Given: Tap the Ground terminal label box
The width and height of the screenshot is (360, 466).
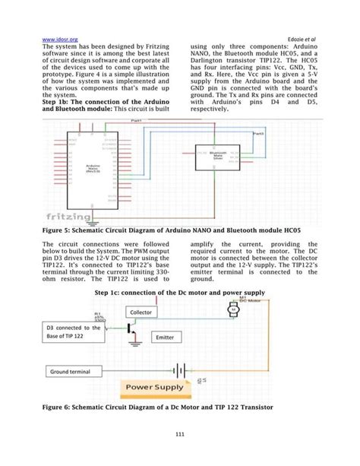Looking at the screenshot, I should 74,372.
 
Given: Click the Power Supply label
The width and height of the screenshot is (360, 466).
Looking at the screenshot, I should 154,388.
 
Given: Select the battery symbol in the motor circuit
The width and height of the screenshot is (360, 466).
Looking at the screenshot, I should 180,370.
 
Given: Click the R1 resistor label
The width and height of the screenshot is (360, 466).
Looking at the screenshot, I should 96,312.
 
